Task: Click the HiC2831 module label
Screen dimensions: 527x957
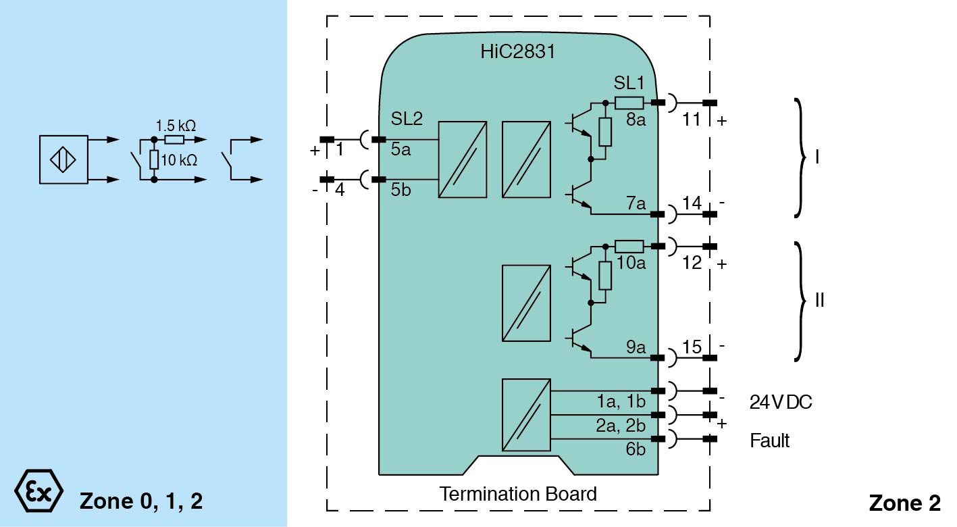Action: click(518, 51)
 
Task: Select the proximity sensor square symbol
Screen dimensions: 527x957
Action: click(63, 159)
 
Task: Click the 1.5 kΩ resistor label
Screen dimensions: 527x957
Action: click(176, 126)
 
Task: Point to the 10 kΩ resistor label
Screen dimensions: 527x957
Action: click(179, 160)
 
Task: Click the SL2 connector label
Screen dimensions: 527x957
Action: click(407, 119)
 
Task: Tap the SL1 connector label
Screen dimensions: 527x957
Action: click(629, 83)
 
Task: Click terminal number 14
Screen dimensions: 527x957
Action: click(691, 203)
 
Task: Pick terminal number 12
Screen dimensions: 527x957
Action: click(692, 263)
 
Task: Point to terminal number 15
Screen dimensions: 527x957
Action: click(692, 347)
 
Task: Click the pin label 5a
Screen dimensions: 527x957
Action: click(400, 150)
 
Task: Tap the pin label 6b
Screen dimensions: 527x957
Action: click(636, 449)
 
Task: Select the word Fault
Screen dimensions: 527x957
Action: click(769, 441)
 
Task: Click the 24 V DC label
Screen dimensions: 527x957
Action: click(781, 402)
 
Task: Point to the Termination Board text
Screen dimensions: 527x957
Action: click(518, 494)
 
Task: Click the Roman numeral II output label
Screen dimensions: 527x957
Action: click(819, 300)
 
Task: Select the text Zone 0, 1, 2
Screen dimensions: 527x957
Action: click(141, 501)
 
